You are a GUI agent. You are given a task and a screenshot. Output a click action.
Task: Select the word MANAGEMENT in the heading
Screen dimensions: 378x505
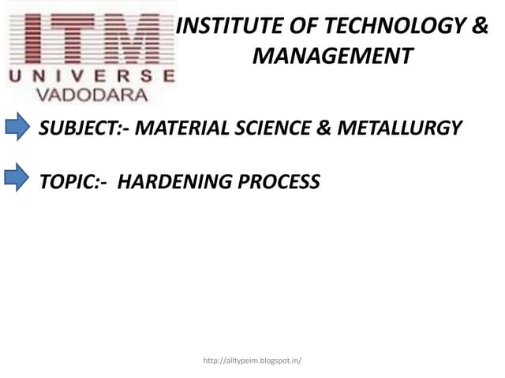332,57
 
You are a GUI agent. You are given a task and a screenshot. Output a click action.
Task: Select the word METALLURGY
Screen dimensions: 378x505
399,128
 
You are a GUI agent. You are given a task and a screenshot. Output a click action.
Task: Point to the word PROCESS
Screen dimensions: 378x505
279,182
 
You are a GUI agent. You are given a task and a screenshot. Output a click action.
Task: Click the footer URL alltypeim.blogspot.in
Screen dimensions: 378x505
252,361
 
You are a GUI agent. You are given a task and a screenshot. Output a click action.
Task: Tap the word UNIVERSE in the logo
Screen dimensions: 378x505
91,76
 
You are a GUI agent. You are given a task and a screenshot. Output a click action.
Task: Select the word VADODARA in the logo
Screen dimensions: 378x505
92,94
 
